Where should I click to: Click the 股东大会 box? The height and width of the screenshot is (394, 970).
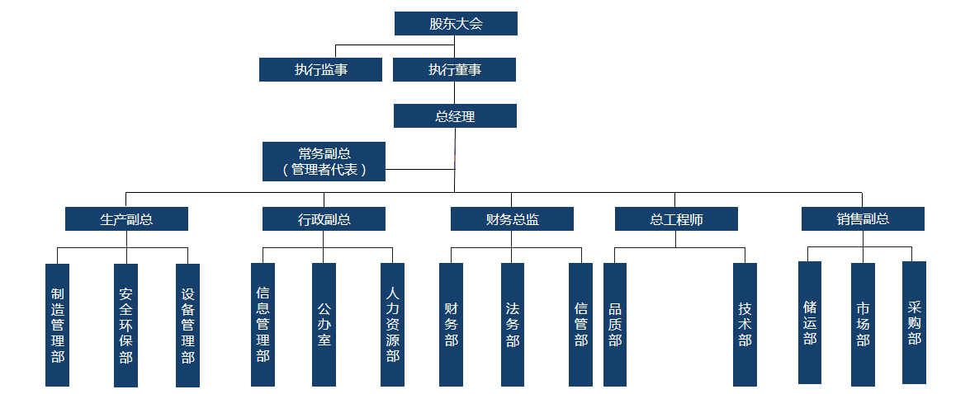point(456,24)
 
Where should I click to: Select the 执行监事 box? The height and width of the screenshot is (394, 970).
point(320,70)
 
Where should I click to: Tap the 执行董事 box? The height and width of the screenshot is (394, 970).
point(454,70)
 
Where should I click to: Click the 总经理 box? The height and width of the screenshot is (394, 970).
point(455,116)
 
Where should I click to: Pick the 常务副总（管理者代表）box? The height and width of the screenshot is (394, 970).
point(324,162)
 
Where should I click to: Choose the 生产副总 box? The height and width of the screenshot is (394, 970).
point(126,219)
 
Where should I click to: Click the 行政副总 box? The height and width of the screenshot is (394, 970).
point(324,219)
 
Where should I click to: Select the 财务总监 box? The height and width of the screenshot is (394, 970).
point(512,219)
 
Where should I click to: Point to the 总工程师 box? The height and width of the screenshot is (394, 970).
point(676,219)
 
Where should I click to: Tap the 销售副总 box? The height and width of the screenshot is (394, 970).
point(863,218)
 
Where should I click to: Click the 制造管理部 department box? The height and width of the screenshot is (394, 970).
point(57,325)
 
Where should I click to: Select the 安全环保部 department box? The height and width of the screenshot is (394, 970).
point(125,325)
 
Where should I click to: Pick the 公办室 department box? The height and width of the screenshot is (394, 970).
point(324,324)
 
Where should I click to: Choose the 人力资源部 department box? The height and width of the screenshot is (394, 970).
point(392,324)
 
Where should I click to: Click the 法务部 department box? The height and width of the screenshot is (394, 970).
point(512,324)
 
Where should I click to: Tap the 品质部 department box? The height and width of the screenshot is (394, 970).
point(615,324)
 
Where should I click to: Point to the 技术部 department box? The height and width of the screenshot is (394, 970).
point(745,324)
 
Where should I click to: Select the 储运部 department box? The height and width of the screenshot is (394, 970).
point(810,322)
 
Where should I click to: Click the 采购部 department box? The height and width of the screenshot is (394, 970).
point(914,322)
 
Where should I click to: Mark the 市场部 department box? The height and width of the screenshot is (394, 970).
point(863,324)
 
